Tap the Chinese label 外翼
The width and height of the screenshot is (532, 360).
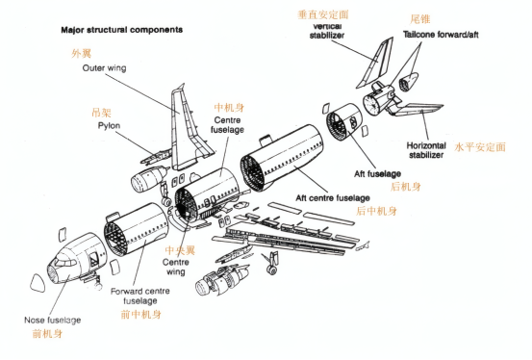(x=82, y=54)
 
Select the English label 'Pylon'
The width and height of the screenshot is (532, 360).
(x=109, y=125)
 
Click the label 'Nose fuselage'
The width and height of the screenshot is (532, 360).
(x=52, y=320)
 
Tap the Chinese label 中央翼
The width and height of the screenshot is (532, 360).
(x=174, y=248)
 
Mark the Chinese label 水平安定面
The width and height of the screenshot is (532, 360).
(x=478, y=147)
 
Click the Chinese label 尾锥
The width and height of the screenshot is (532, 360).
(x=419, y=17)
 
